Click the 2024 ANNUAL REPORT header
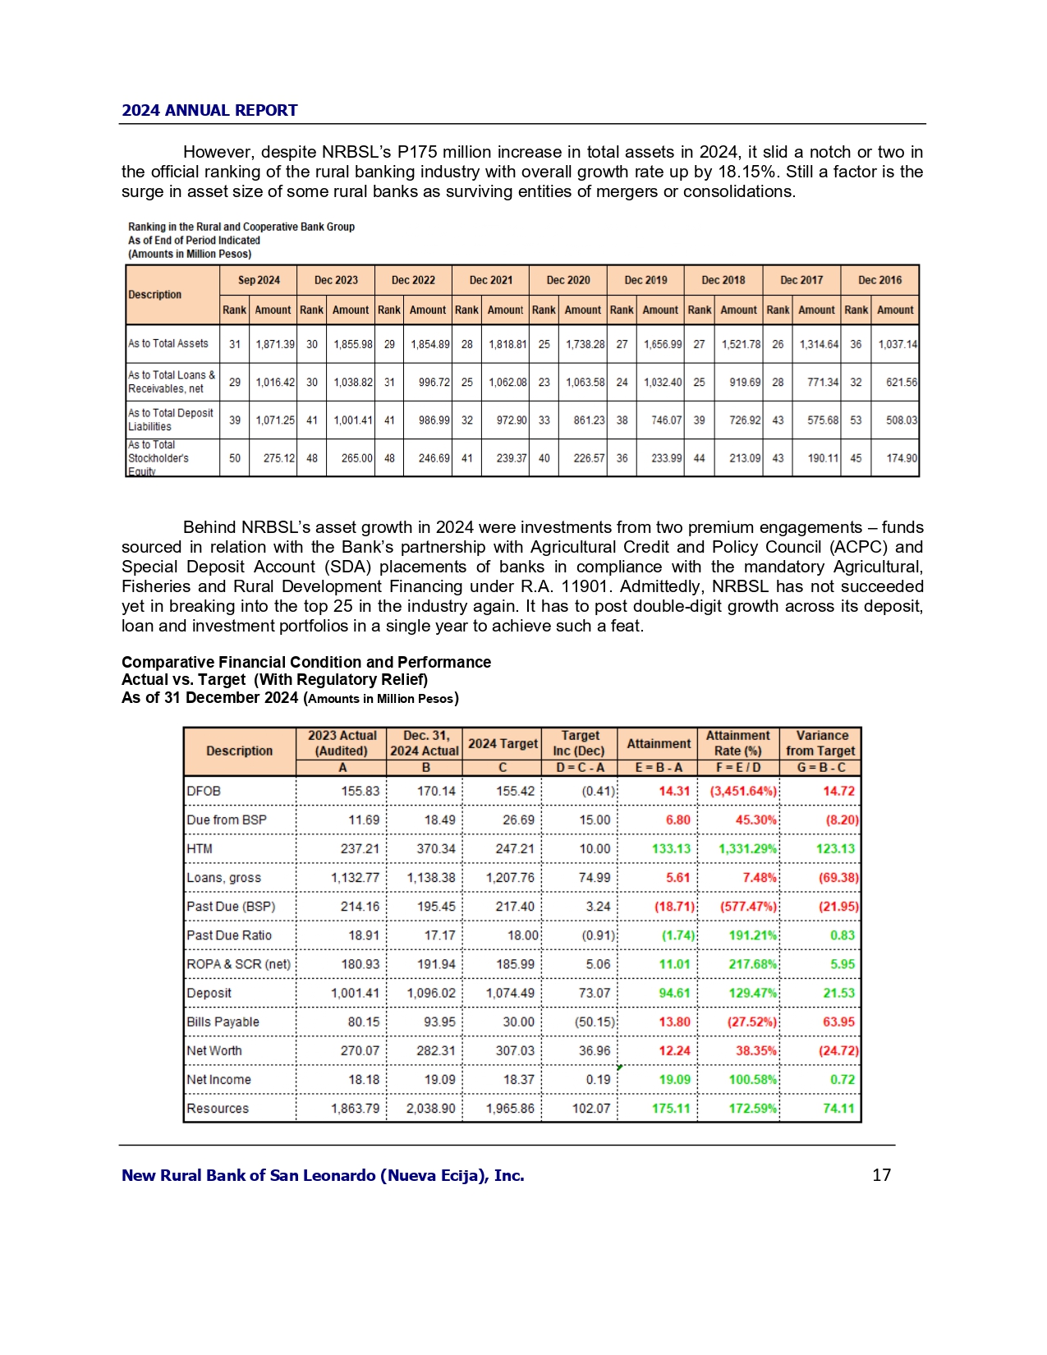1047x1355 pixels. click(209, 111)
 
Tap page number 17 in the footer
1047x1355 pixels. click(881, 1175)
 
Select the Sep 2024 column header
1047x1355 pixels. click(259, 280)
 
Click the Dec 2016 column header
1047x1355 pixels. click(879, 280)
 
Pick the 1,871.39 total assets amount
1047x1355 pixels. click(274, 344)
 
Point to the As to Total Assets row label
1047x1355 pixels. click(168, 343)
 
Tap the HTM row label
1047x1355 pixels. click(200, 848)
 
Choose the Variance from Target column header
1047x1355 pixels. click(820, 742)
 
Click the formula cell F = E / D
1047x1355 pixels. click(738, 767)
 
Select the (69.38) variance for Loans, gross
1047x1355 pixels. click(838, 877)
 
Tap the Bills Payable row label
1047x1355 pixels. click(223, 1022)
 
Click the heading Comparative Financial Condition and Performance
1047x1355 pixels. click(306, 662)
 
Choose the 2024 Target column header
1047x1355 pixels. click(503, 743)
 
